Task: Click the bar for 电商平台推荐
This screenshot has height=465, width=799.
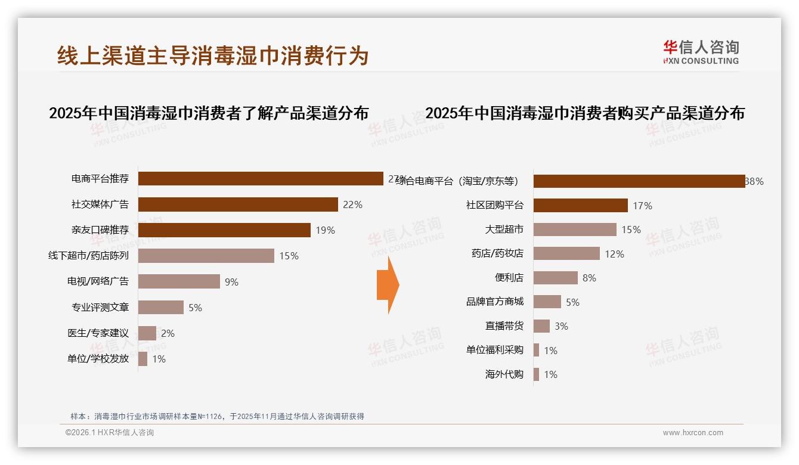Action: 261,179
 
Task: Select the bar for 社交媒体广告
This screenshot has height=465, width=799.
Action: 238,204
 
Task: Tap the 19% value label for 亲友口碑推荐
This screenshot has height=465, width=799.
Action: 325,230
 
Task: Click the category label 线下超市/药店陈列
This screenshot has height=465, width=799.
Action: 88,256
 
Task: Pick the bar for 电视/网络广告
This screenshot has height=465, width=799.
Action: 179,281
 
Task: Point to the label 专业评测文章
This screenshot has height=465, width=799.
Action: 100,308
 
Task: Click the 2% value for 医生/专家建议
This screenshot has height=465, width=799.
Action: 168,333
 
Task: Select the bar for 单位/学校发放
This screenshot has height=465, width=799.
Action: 143,359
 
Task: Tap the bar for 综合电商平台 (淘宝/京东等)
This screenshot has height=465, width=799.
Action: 639,181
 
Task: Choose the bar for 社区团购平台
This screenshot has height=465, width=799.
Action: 580,206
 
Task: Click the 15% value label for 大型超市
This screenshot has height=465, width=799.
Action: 631,230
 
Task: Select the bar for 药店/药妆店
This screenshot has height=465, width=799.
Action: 566,254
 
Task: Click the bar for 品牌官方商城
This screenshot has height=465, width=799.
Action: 547,302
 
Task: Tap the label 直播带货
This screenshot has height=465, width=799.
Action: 504,326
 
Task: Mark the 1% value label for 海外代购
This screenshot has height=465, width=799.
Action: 550,374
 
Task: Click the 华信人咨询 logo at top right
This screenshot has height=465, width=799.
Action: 701,52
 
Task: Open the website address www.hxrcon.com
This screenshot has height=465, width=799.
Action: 692,433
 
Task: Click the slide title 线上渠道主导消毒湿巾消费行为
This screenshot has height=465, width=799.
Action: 213,55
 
